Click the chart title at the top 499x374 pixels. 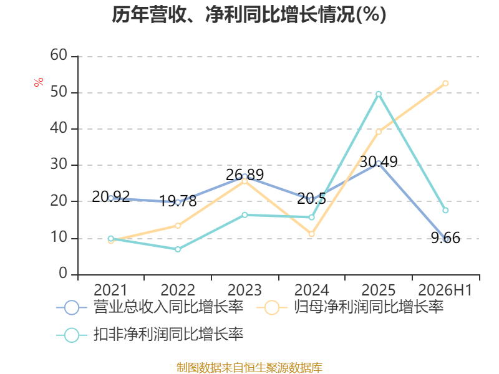[249, 14]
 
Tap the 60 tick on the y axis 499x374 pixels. [59, 55]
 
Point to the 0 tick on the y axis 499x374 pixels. [63, 273]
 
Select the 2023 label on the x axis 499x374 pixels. [245, 290]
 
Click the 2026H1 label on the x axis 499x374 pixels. [445, 290]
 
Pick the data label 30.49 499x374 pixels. [379, 161]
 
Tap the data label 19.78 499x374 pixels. [178, 201]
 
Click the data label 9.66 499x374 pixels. [445, 238]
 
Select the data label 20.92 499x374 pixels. [111, 196]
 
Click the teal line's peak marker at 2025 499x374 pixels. [379, 94]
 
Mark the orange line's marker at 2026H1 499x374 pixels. [445, 84]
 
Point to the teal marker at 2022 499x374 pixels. [178, 249]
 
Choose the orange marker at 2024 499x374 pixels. [311, 234]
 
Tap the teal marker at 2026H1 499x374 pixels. [445, 210]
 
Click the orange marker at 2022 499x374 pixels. [178, 226]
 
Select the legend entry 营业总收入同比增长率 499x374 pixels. [150, 307]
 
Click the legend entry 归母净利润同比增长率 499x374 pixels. [350, 307]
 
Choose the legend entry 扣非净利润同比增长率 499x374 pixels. [150, 335]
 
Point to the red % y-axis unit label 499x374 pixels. [39, 82]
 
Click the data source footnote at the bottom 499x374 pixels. [249, 367]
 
